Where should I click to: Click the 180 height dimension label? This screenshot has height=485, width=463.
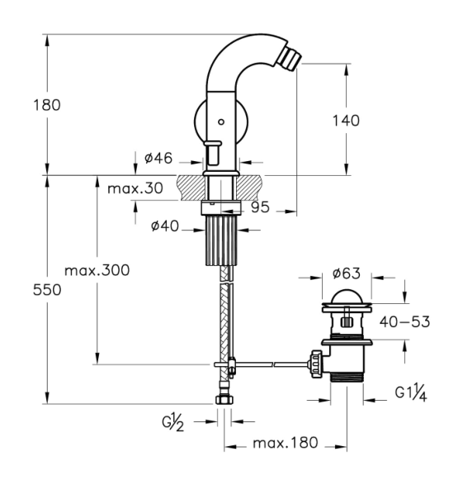[x=47, y=105]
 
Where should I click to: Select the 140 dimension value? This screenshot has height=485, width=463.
[x=346, y=121]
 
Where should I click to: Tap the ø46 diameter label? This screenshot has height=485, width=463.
[x=158, y=158]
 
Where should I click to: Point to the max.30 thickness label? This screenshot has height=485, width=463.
[x=135, y=188]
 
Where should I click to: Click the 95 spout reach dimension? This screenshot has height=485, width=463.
[x=260, y=207]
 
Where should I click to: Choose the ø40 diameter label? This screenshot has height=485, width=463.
[x=164, y=226]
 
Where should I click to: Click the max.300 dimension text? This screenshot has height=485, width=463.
[x=97, y=270]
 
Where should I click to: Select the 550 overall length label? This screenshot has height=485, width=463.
[x=47, y=290]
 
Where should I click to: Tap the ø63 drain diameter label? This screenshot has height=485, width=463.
[x=347, y=273]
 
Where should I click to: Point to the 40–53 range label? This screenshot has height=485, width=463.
[x=404, y=321]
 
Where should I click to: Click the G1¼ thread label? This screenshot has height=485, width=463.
[x=411, y=392]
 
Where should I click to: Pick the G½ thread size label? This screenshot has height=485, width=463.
[x=173, y=422]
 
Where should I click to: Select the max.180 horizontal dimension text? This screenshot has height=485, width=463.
[x=286, y=443]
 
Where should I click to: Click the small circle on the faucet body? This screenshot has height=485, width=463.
[x=221, y=121]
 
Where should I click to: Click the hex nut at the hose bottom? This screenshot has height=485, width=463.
[x=224, y=400]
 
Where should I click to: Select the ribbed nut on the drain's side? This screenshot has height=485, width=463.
[x=317, y=364]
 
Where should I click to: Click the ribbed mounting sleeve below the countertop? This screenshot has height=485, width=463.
[x=221, y=241]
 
